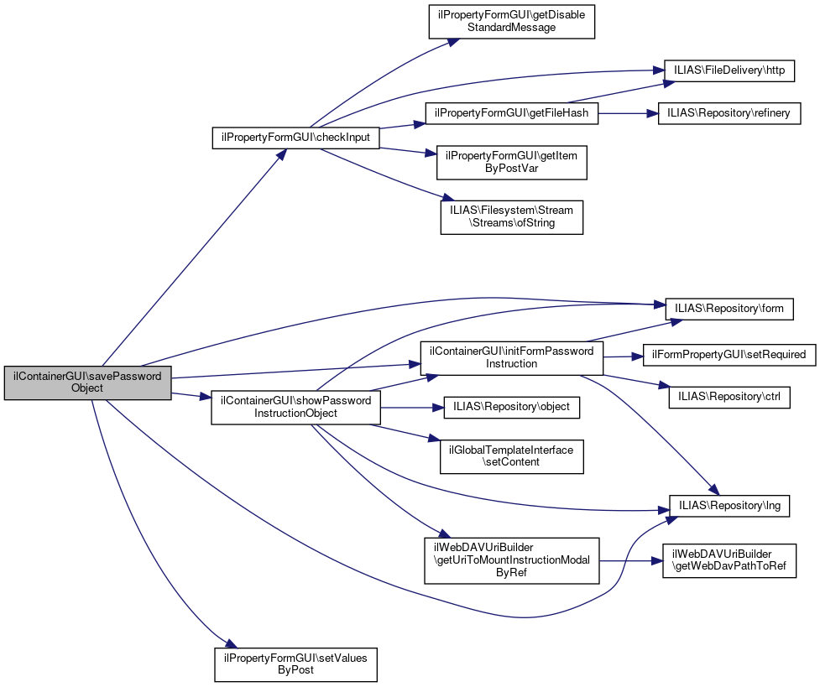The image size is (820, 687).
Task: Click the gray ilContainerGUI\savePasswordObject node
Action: click(87, 383)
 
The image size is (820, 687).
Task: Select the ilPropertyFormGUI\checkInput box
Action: click(295, 137)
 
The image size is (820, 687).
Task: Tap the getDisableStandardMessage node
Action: click(511, 21)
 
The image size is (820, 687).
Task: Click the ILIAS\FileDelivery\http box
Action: click(729, 70)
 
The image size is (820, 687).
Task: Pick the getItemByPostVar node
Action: click(511, 161)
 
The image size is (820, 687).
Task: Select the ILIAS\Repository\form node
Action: click(729, 309)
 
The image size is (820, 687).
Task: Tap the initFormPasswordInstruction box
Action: click(511, 357)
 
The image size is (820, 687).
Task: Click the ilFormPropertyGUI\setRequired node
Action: click(729, 355)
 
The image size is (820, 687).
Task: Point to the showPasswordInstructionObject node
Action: click(295, 407)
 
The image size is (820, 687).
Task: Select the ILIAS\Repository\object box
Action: click(511, 407)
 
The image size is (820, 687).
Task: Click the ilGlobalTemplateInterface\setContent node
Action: click(511, 455)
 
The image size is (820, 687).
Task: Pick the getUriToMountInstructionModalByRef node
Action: click(512, 560)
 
